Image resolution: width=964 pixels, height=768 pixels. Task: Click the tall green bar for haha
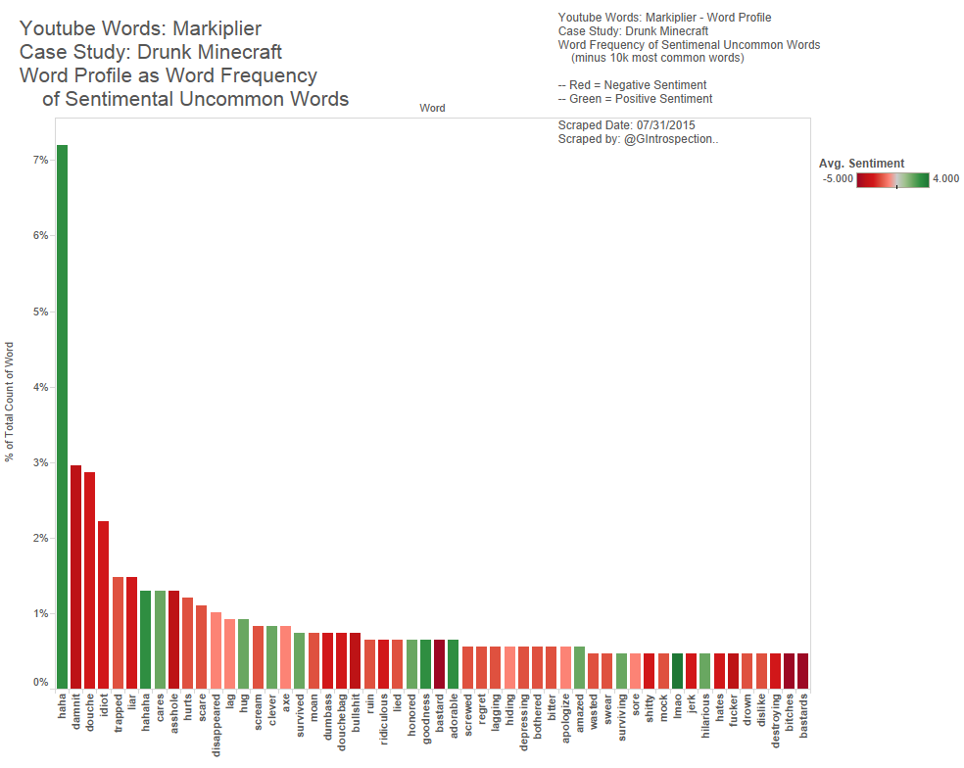tap(62, 416)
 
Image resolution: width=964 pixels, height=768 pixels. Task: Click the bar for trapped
tap(118, 632)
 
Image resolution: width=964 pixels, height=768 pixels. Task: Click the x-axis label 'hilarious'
tap(705, 720)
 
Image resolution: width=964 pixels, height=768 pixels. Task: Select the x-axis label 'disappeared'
tap(216, 727)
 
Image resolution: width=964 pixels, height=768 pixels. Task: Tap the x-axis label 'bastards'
tap(803, 719)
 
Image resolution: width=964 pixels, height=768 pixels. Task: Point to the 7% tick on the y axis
tap(41, 160)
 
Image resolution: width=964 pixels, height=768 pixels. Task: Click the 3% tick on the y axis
tap(41, 462)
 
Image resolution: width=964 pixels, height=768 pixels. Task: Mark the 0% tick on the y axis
tap(41, 682)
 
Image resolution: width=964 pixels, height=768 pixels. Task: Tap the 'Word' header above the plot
tap(432, 108)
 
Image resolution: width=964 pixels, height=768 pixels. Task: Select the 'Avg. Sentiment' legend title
tap(861, 164)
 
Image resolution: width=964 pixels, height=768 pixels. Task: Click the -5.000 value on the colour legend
tap(839, 179)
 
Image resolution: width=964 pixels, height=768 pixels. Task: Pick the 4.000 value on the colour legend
tap(945, 179)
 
